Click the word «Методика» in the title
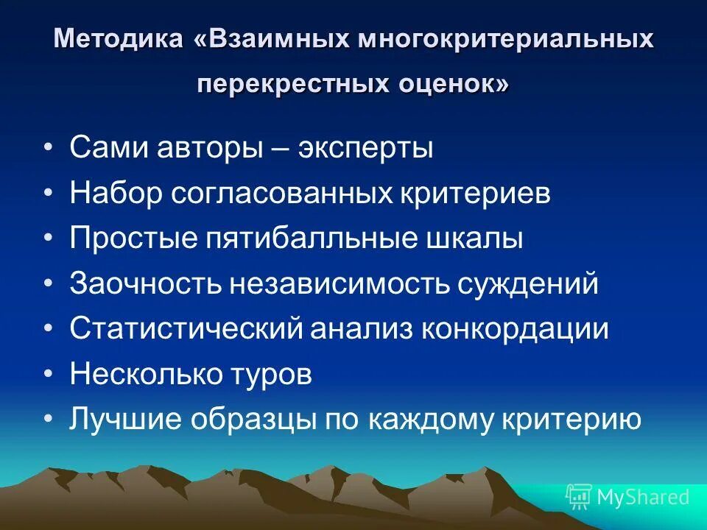(x=116, y=38)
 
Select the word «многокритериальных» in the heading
(x=506, y=38)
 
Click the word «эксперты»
(x=366, y=148)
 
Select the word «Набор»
(x=115, y=194)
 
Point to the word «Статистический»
(x=186, y=329)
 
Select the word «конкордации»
(x=515, y=329)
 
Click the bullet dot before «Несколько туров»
(x=49, y=375)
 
